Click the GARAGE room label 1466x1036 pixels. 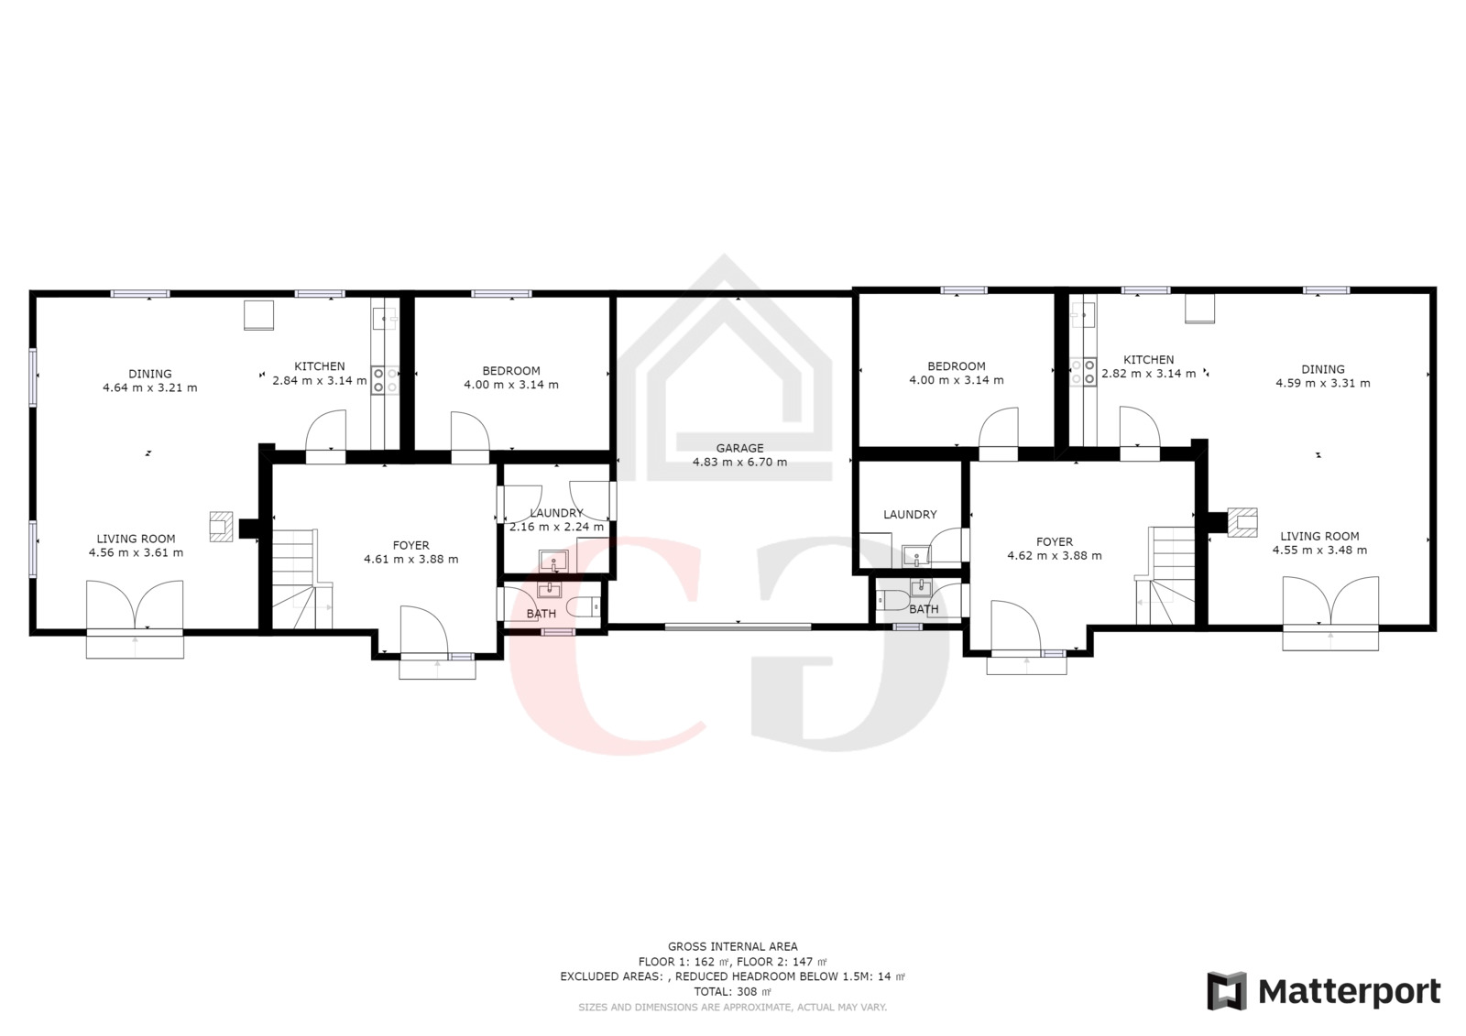739,448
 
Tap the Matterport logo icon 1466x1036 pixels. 1227,991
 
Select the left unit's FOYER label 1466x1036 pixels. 411,545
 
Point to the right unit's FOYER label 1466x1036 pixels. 1055,542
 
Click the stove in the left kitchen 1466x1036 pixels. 386,379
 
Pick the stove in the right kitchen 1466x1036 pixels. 1082,372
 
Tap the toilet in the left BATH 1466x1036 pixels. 584,607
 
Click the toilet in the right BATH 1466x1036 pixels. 892,599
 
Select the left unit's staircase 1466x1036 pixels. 301,579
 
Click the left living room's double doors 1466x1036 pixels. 135,605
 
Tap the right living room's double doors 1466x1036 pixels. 1330,601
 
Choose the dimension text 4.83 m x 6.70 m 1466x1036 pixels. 739,462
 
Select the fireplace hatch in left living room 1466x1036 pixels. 221,526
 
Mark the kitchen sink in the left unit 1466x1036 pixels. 385,319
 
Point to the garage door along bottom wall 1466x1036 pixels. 738,627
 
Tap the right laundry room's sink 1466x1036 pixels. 915,556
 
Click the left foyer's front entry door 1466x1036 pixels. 423,629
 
